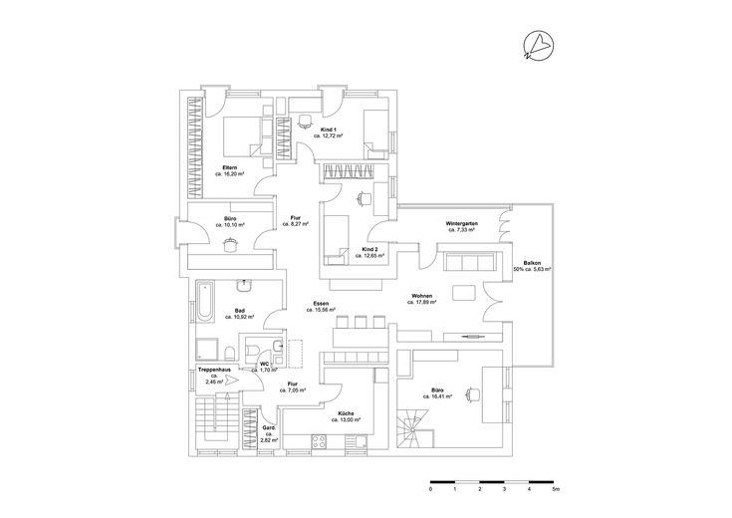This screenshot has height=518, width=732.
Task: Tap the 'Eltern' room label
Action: pos(229,166)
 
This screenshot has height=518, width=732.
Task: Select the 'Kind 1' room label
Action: pos(328,129)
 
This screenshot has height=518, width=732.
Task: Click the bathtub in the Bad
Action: pos(203,301)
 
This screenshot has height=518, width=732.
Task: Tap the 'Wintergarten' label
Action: pos(462,223)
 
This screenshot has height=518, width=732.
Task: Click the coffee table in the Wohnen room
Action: pos(463,293)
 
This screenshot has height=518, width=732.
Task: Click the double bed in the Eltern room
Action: pos(239,134)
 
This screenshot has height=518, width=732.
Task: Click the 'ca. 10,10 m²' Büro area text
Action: pos(230,225)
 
